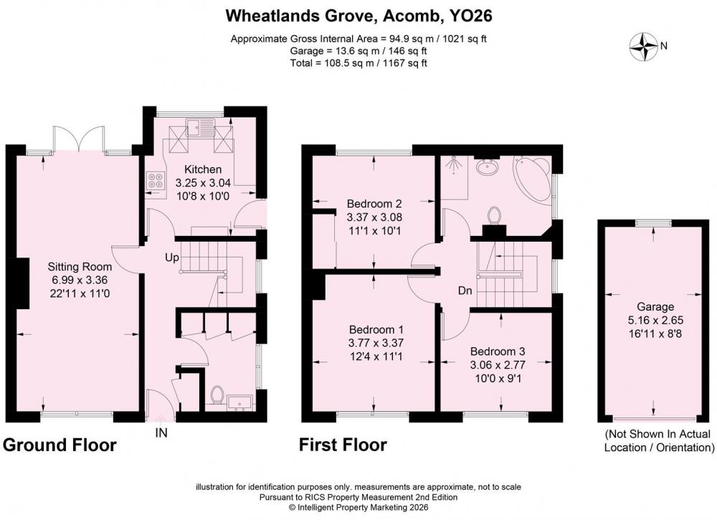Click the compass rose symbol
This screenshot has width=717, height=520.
point(644,47)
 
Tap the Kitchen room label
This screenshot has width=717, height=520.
point(203,169)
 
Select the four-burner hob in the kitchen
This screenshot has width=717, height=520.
point(156,180)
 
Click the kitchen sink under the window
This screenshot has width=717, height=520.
point(201,127)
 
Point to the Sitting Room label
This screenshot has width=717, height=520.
point(80,266)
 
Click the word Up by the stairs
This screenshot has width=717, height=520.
point(172,258)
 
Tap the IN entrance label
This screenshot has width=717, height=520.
point(161,432)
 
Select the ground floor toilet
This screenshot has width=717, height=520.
point(217,395)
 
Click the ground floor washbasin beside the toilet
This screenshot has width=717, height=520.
point(239,401)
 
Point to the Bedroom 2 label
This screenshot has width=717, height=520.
point(374,204)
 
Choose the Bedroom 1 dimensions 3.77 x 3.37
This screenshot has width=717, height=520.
point(376,343)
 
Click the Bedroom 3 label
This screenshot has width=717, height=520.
point(498,351)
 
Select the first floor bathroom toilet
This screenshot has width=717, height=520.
point(494,216)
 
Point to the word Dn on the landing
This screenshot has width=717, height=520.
point(465,291)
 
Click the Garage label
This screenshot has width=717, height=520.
point(656,307)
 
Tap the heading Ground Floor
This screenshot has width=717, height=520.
point(60,445)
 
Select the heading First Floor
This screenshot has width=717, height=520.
point(343,445)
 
